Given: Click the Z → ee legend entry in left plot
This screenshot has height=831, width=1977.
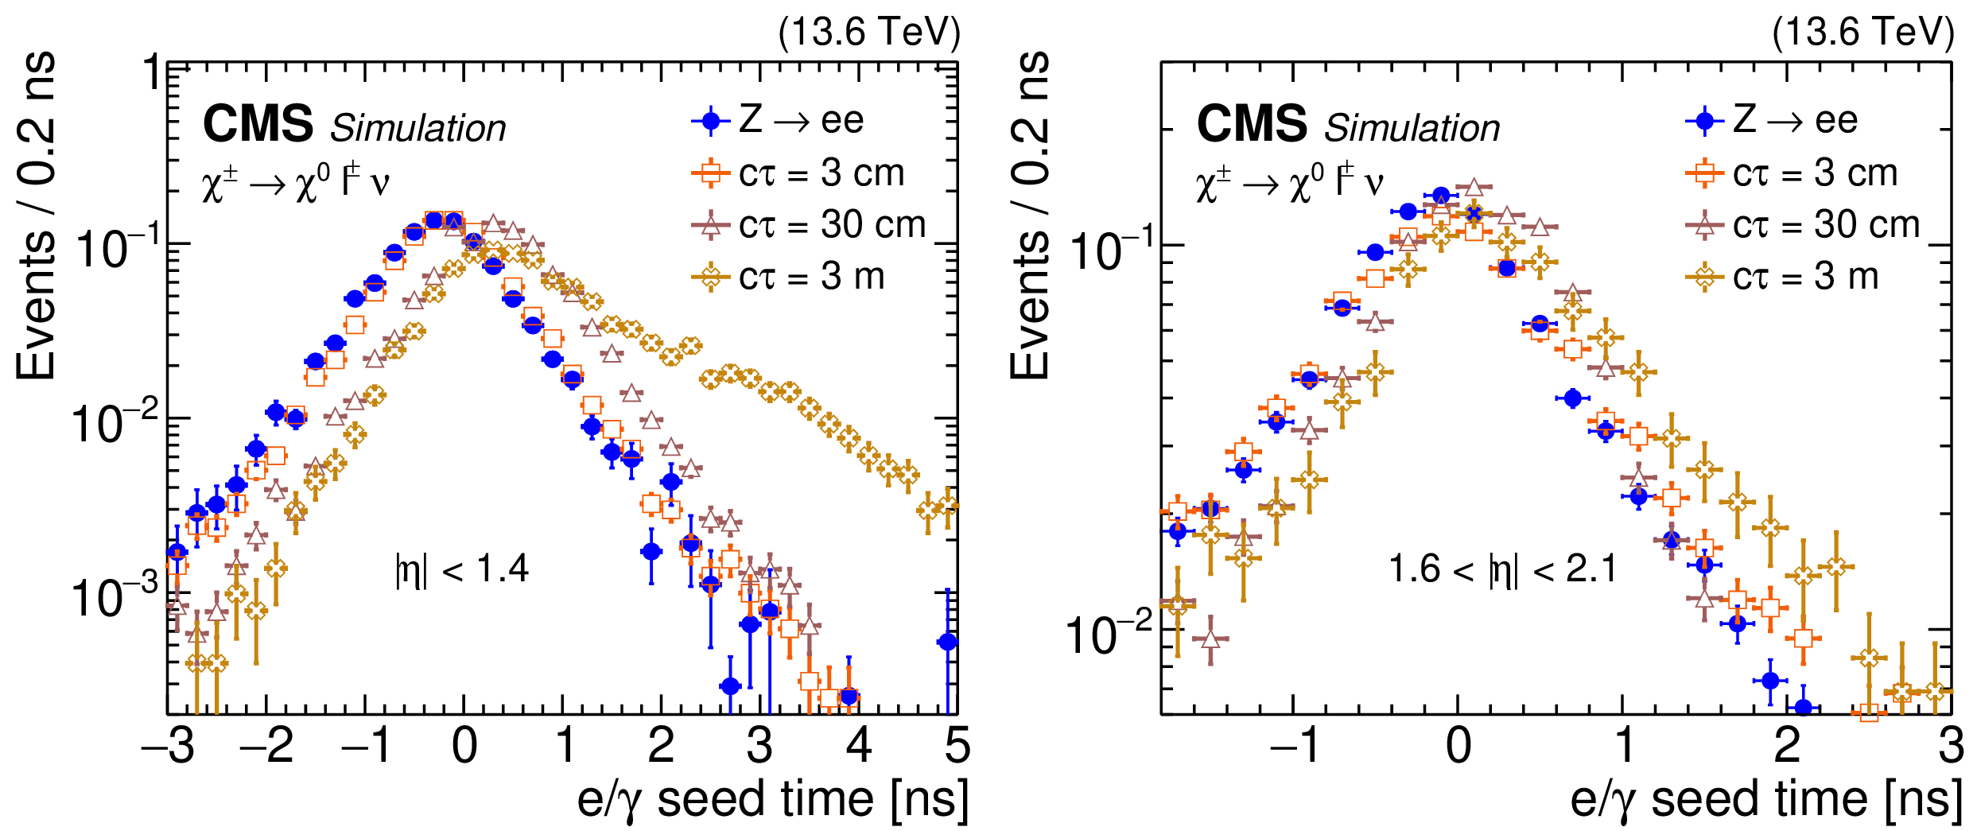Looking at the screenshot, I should coord(779,121).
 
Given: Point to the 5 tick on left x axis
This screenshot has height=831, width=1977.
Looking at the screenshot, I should coord(957,746).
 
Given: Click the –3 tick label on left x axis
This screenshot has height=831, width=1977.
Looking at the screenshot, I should coord(168,746).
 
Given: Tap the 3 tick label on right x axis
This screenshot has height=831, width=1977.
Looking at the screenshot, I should coord(1951,746).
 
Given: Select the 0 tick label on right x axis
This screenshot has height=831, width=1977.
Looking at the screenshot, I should coord(1458,746).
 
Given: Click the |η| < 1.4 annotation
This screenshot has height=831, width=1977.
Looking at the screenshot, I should coord(462,569).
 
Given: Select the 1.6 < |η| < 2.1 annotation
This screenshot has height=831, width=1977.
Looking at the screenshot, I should coord(1502,569).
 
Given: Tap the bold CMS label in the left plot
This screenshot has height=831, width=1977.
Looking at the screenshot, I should coord(258,125).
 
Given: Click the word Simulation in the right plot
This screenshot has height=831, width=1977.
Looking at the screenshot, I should coord(1412,128).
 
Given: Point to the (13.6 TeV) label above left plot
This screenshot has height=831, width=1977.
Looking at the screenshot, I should coord(869,33).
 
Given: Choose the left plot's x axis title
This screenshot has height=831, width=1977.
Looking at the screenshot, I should coord(772,798).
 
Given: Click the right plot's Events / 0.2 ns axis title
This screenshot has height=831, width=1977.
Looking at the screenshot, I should coord(1031,215).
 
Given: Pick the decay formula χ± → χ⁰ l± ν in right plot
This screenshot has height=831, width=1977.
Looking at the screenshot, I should coord(1289,183).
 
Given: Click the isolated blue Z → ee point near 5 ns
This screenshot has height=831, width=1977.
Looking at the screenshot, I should coord(947,642).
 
